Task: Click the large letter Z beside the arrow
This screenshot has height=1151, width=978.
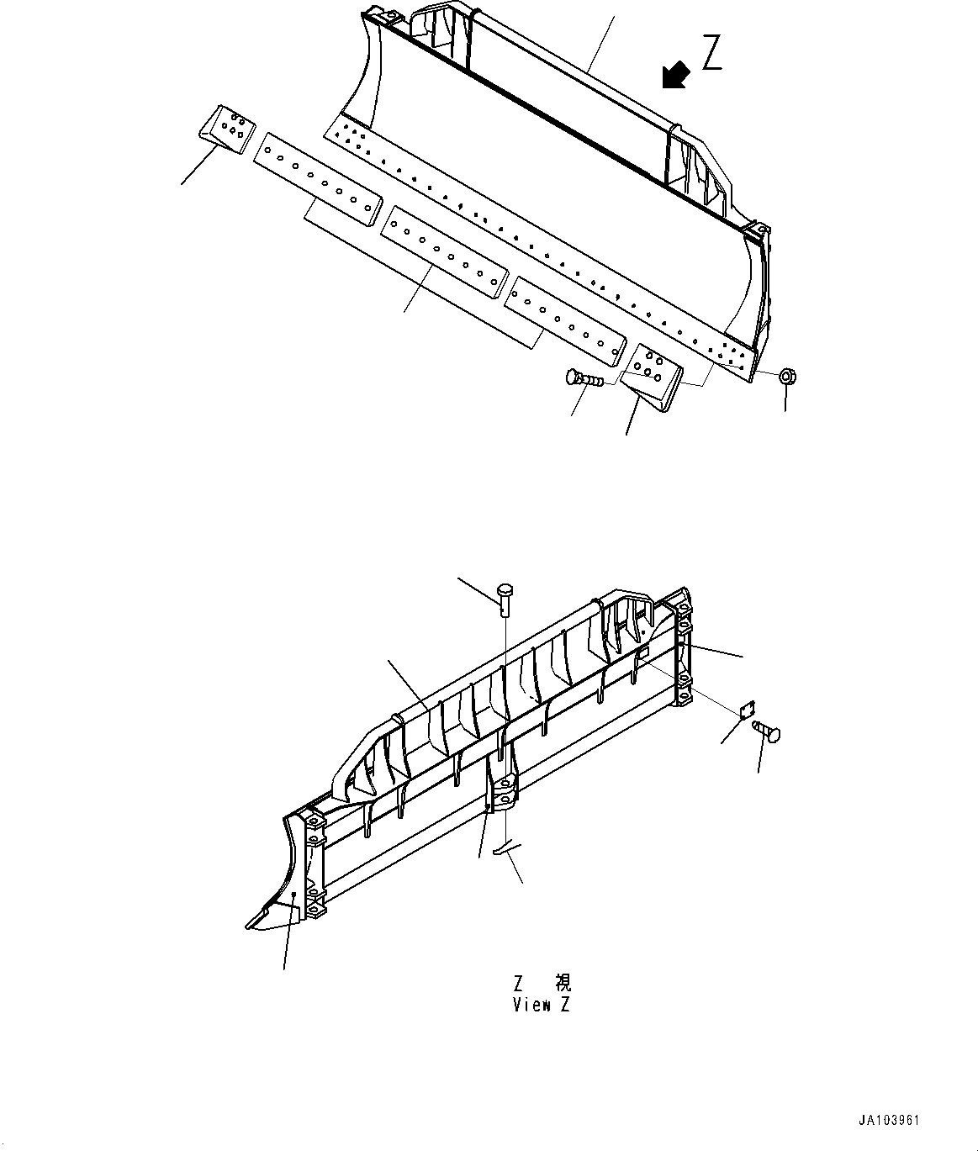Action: click(711, 52)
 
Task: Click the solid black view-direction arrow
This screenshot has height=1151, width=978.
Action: click(675, 75)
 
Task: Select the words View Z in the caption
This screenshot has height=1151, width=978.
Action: click(542, 1005)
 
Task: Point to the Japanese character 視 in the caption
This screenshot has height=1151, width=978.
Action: click(563, 982)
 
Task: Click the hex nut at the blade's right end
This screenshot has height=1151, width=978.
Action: click(787, 376)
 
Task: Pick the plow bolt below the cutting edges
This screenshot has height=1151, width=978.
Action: click(584, 378)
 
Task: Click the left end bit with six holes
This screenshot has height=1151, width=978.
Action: click(227, 129)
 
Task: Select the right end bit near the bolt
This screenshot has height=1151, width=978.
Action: click(651, 378)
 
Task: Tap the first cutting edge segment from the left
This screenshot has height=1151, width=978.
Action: click(318, 179)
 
